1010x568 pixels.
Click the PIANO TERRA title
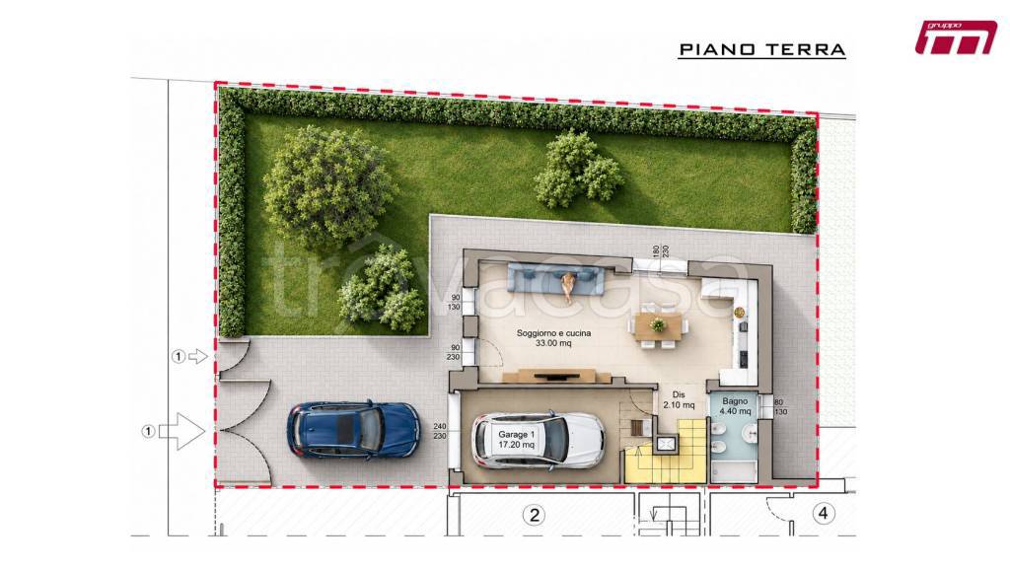coord(762,49)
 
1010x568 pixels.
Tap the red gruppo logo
coord(956,38)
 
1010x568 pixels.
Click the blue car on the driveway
coord(353,430)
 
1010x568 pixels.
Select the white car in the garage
coord(539,440)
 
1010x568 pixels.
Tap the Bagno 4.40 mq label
coord(735,405)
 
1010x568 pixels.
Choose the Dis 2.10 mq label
coord(679,400)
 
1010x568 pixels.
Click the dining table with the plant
coord(658,325)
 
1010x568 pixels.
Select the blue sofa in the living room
coord(556,277)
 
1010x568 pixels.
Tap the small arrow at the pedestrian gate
coord(197,356)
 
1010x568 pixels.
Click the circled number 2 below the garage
coord(534,515)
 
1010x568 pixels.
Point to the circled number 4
coord(823,513)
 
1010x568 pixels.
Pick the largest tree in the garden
coord(328,186)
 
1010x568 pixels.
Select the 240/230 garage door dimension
coord(440,431)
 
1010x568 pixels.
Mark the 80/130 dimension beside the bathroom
coord(780,407)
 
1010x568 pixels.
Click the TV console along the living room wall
coord(556,375)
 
